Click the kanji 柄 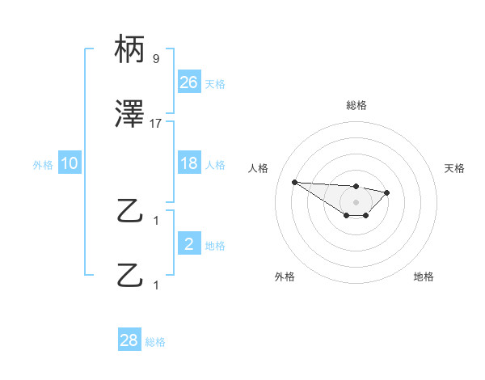131,51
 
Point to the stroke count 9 156,59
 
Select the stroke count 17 156,124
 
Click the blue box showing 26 188,82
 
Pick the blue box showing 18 188,164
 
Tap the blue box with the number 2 188,245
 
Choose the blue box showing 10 70,164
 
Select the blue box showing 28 129,340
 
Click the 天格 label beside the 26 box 215,83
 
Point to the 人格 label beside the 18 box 215,165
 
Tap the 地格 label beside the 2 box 215,246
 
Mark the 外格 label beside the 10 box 43,165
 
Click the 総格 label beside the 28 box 155,341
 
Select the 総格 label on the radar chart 356,105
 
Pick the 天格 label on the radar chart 455,168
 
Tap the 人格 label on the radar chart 259,168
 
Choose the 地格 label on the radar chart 424,277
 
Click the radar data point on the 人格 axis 294,182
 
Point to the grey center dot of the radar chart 356,202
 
